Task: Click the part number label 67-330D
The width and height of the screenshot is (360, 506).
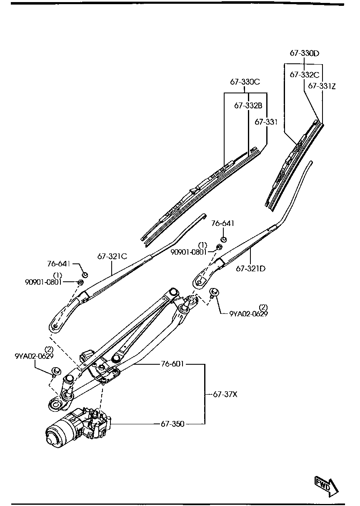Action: (x=304, y=53)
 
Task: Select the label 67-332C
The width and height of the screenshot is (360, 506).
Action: (x=304, y=75)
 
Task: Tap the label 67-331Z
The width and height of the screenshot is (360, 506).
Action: (x=322, y=86)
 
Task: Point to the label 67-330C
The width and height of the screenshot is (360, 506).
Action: (x=245, y=82)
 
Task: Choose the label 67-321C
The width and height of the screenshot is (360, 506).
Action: (x=112, y=257)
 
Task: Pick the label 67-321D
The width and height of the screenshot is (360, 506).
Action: (x=250, y=268)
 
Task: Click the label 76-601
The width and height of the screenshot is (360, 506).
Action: (x=172, y=364)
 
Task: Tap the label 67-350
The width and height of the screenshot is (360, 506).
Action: (x=172, y=424)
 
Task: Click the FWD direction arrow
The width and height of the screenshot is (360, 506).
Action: (x=326, y=486)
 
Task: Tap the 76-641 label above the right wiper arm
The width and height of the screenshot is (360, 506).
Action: (x=222, y=224)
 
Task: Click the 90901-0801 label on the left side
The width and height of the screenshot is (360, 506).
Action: (x=43, y=282)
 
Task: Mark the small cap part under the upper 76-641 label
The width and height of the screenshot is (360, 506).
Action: (x=224, y=239)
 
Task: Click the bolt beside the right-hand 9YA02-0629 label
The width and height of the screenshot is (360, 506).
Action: (x=215, y=292)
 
